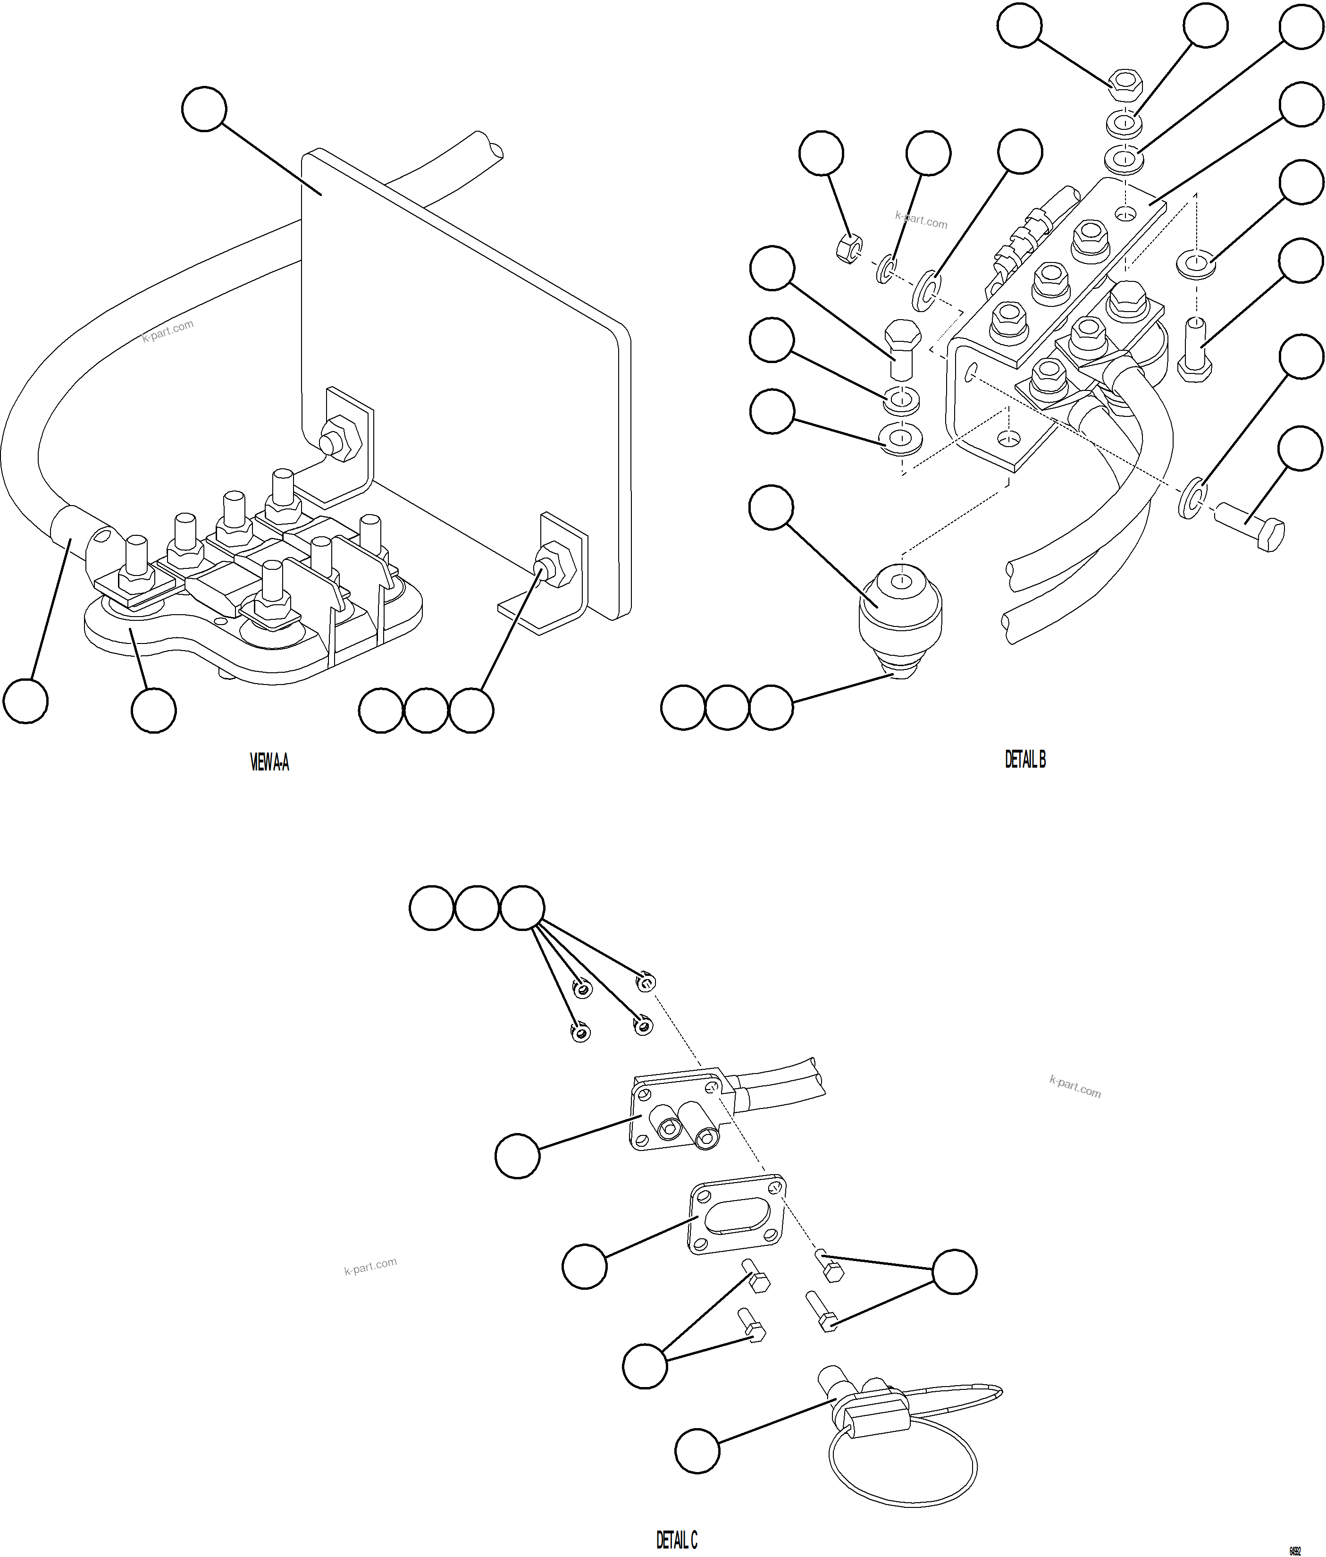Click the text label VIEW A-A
tap(269, 763)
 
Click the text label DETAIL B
tap(1025, 760)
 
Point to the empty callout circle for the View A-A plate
tap(203, 109)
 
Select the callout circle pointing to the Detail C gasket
tap(584, 1267)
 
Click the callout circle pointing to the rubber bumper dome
tap(771, 507)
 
